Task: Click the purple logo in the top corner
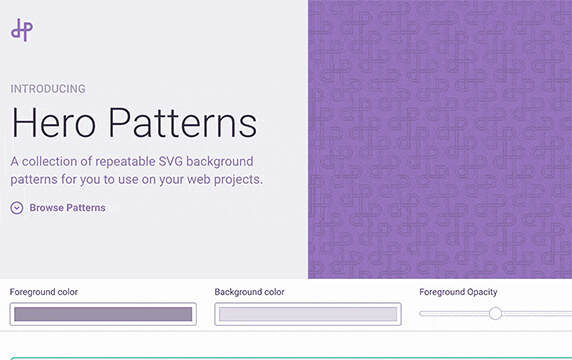click(x=22, y=30)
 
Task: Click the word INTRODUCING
click(x=48, y=89)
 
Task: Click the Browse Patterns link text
click(x=67, y=208)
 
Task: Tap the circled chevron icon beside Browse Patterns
click(x=17, y=208)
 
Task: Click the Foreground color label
click(x=44, y=292)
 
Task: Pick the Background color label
click(x=249, y=292)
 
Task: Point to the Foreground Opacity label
click(x=458, y=292)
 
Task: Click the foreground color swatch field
click(x=103, y=314)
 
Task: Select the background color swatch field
click(x=307, y=314)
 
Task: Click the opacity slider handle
click(x=495, y=314)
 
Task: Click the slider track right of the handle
click(x=535, y=314)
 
